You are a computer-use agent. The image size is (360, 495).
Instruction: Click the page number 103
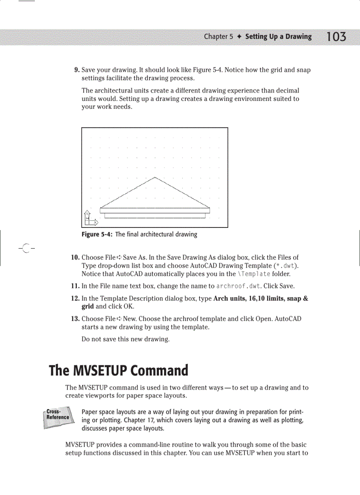336,37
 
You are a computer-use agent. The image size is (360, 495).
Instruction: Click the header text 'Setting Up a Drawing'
278,37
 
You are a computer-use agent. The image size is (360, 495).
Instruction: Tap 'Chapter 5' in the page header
218,37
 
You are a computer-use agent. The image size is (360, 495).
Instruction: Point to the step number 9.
76,70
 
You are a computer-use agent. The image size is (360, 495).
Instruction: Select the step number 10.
75,257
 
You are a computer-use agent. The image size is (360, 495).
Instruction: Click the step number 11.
75,286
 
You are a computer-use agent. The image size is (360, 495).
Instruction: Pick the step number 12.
75,298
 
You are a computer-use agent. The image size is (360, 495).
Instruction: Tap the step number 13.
75,319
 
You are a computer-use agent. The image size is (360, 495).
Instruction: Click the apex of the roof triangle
155,177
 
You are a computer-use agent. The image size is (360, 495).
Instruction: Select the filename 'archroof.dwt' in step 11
239,286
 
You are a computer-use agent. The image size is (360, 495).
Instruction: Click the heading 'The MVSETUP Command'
119,370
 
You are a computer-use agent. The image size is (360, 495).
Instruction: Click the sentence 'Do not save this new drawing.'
126,339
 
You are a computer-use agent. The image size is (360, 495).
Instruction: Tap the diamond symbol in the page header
239,37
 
